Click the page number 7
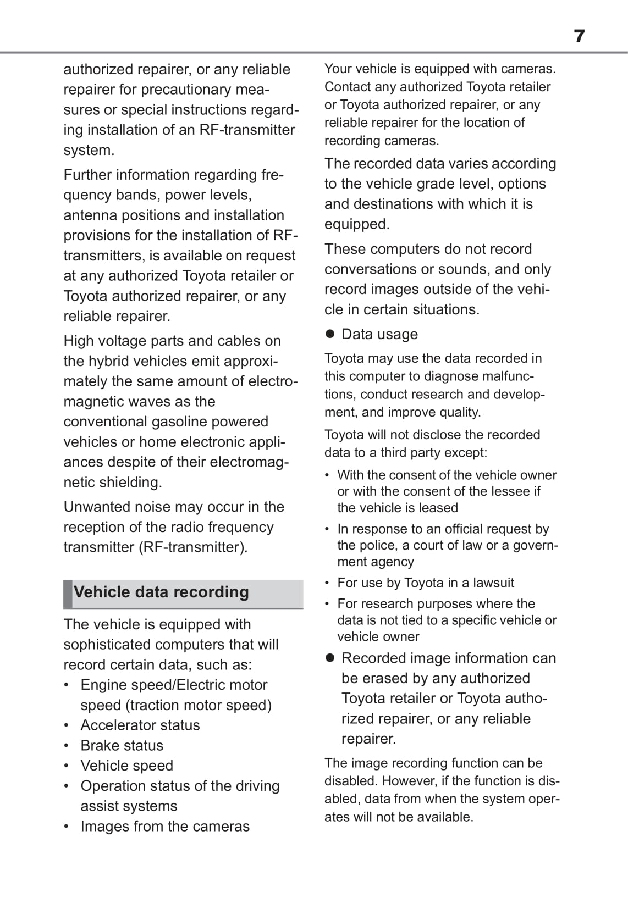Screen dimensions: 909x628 pyautogui.click(x=579, y=36)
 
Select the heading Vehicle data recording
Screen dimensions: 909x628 pyautogui.click(x=161, y=592)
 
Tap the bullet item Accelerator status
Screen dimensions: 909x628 pyautogui.click(x=140, y=725)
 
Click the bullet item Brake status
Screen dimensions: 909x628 pyautogui.click(x=122, y=746)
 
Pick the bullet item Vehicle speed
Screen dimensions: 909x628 pyautogui.click(x=127, y=766)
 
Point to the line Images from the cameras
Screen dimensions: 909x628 pyautogui.click(x=165, y=827)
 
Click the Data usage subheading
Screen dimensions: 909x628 pyautogui.click(x=379, y=335)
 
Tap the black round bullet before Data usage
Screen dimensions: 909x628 pyautogui.click(x=330, y=334)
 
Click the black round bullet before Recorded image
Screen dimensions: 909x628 pyautogui.click(x=330, y=658)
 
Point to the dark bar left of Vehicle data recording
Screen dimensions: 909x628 pyautogui.click(x=68, y=594)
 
